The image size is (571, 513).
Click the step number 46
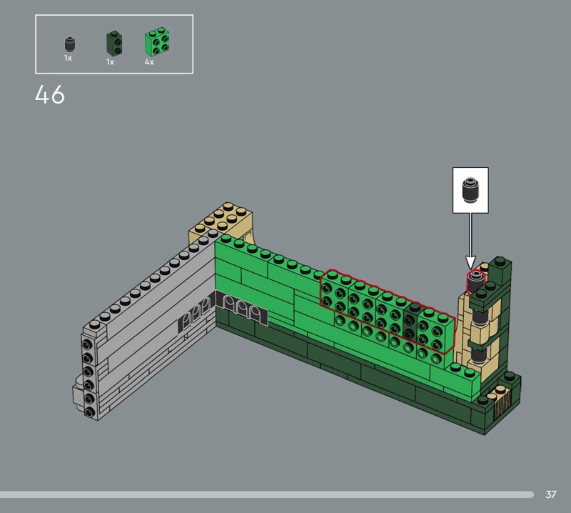pyautogui.click(x=50, y=95)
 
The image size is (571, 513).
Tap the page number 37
pyautogui.click(x=550, y=494)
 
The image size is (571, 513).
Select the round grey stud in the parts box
pyautogui.click(x=69, y=44)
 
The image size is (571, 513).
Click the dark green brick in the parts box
pyautogui.click(x=114, y=43)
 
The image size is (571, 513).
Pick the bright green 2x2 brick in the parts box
pyautogui.click(x=157, y=41)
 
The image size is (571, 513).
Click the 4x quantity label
pyautogui.click(x=149, y=62)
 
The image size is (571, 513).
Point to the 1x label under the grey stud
pyautogui.click(x=68, y=58)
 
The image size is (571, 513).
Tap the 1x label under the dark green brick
pyautogui.click(x=111, y=62)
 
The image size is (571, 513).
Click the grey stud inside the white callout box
pyautogui.click(x=470, y=189)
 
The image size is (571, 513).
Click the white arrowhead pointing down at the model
pyautogui.click(x=470, y=262)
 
